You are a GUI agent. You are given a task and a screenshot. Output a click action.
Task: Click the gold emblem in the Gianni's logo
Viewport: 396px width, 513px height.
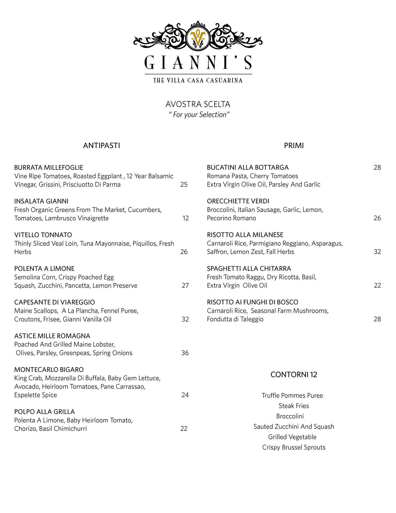pos(198,39)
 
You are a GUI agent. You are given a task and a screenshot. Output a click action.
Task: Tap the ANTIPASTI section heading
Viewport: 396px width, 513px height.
pos(101,146)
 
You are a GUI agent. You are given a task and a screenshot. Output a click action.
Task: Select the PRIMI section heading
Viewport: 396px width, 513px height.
pos(294,146)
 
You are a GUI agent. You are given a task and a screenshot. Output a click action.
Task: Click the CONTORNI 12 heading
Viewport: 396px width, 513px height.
pos(294,374)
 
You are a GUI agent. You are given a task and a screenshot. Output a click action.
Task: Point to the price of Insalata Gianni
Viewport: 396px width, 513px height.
pos(185,218)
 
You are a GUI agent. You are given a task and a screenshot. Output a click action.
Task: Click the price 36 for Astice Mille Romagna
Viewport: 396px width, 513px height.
pos(185,353)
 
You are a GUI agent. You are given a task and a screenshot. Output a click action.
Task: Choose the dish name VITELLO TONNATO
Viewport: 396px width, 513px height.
pos(43,235)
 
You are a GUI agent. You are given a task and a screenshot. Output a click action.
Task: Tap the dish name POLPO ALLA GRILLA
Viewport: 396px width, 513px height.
pos(45,412)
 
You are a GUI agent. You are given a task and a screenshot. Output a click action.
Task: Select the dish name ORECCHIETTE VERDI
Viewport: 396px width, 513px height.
pos(238,201)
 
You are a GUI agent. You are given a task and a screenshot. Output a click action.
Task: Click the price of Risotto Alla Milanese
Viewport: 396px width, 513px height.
pos(377,252)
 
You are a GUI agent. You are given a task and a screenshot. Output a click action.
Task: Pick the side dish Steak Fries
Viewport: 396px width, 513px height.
pos(294,406)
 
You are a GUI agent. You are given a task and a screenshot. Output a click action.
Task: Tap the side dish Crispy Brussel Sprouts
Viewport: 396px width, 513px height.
pos(294,447)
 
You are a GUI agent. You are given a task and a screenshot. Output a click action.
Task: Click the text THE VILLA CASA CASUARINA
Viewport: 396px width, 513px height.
pos(198,80)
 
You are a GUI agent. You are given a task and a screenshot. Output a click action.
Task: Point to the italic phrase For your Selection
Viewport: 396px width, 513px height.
pos(199,115)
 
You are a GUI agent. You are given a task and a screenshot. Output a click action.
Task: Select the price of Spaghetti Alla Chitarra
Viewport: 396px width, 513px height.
pos(377,286)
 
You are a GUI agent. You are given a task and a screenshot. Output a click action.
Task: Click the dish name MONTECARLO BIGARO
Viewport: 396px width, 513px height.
pos(49,370)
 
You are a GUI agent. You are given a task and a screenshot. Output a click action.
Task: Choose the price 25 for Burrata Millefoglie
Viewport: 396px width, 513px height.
pos(184,185)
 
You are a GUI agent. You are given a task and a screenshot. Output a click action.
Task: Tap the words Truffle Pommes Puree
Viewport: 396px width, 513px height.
pos(292,396)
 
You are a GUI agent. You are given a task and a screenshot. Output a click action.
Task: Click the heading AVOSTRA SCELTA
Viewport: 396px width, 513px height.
pos(198,104)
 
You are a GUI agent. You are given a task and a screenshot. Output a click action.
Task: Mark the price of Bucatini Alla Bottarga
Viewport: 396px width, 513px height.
pos(377,168)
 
